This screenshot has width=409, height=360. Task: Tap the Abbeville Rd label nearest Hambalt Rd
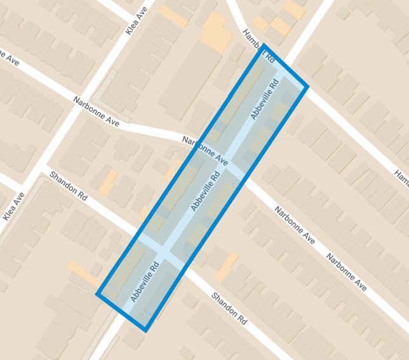click(265, 100)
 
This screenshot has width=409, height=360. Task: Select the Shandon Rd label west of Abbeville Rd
click(68, 187)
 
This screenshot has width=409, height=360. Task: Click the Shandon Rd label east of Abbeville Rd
click(229, 307)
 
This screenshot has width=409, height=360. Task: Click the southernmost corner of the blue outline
click(145, 330)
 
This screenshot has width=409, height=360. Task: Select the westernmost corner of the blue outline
click(98, 294)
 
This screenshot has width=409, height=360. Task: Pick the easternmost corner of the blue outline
click(307, 86)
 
